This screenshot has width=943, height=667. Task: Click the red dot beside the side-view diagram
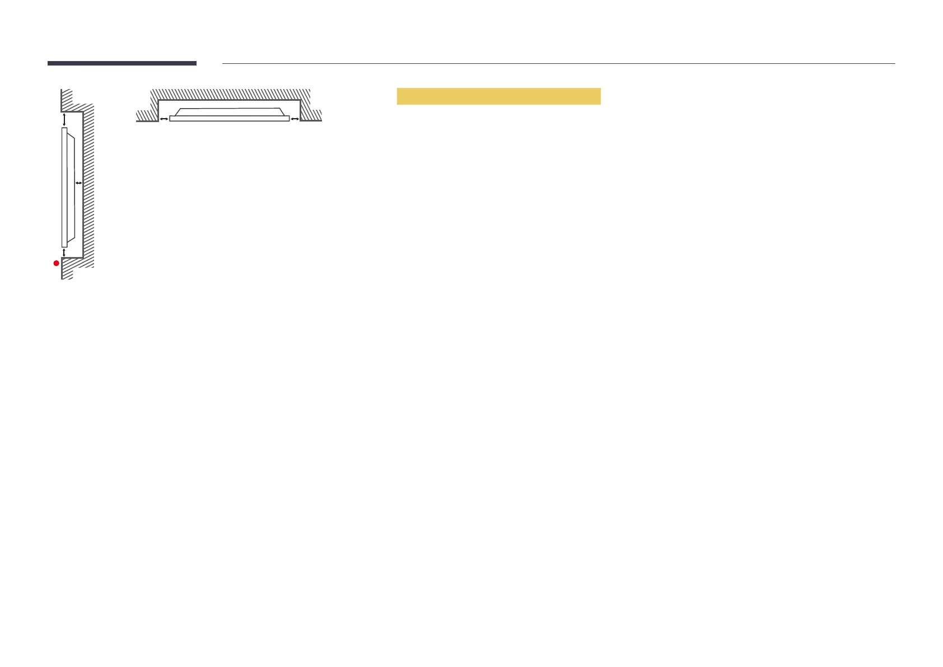point(56,263)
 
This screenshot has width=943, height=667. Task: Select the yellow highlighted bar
point(498,96)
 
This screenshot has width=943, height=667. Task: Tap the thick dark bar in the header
point(122,63)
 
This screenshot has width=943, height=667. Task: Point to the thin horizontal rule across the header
point(558,64)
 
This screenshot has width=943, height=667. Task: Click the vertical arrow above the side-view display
point(64,119)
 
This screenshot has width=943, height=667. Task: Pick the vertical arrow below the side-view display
point(64,253)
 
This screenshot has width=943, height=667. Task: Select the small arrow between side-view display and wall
point(78,183)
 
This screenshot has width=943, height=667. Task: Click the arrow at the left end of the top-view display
point(164,119)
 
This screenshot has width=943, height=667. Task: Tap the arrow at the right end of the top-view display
point(295,119)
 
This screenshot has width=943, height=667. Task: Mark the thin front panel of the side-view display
point(64,187)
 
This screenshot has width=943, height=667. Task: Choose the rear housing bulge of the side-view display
point(71,187)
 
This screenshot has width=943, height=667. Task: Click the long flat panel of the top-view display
point(229,119)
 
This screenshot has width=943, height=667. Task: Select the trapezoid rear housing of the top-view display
point(229,111)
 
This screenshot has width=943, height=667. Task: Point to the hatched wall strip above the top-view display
point(230,94)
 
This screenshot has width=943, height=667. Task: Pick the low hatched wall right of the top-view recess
point(311,115)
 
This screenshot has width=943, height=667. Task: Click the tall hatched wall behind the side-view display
point(88,185)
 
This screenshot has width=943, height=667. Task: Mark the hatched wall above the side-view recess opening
point(67,100)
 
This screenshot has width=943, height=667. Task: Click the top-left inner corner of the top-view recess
point(159,101)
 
